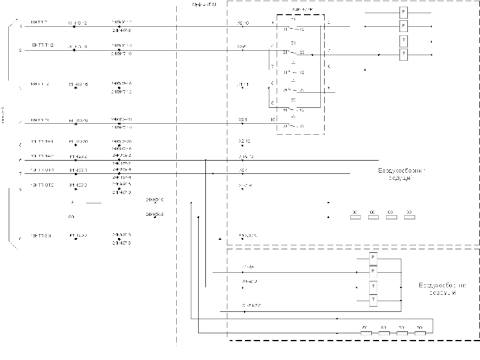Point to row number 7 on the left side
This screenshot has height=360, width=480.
pos(20,174)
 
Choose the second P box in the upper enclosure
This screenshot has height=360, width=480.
pos(404,26)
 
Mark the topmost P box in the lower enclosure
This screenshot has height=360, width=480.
pos(373,257)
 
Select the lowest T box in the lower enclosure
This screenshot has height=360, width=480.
pos(373,299)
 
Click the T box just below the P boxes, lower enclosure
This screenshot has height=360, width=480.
pos(373,286)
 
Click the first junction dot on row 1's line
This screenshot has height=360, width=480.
pos(74,27)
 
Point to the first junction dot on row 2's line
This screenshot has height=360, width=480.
pos(74,50)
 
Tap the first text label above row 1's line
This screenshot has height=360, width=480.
pos(39,22)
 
